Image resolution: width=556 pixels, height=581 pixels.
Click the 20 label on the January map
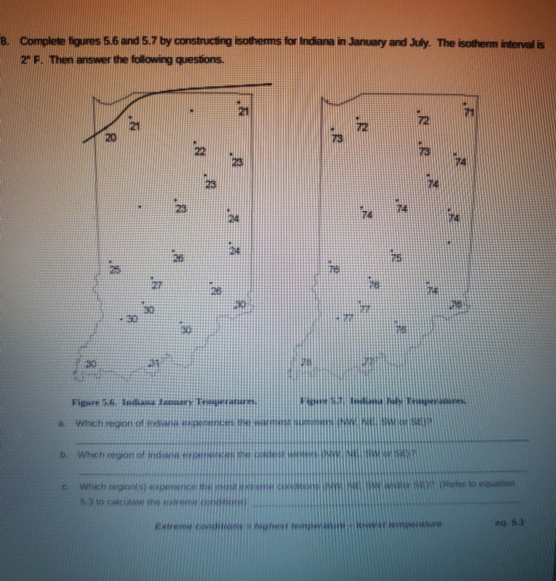point(111,139)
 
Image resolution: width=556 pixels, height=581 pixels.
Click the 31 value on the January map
point(153,362)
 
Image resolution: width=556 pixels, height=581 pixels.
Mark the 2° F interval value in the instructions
point(28,58)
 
